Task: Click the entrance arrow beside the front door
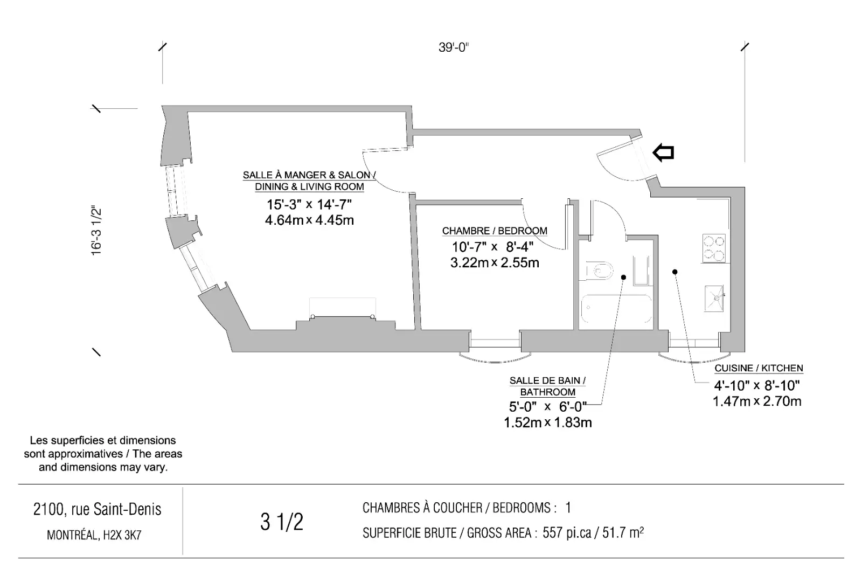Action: [x=663, y=153]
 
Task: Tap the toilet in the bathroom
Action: [x=599, y=270]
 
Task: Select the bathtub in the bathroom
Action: [x=616, y=309]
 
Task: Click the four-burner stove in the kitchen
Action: [x=714, y=248]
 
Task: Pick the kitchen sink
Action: [x=714, y=298]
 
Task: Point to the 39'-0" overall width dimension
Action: [x=454, y=47]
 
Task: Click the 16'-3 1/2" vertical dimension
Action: [x=96, y=231]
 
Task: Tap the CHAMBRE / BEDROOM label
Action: [x=495, y=231]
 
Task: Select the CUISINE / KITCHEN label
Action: [x=759, y=368]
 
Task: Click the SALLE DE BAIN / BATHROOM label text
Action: [x=547, y=386]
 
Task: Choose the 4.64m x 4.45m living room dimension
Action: [x=309, y=220]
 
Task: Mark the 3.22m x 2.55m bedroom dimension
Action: [x=495, y=263]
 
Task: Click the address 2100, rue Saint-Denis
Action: [x=98, y=509]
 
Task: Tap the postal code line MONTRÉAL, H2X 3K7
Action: [x=94, y=535]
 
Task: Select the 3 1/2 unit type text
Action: [x=282, y=522]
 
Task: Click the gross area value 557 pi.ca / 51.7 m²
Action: [x=593, y=532]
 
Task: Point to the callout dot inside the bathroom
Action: [x=623, y=277]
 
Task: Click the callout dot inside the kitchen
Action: [x=675, y=272]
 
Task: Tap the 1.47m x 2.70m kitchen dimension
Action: [x=757, y=401]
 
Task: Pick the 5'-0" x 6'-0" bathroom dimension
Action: [x=547, y=407]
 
